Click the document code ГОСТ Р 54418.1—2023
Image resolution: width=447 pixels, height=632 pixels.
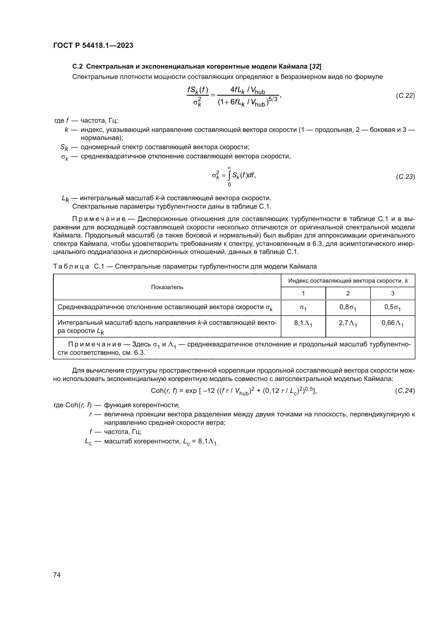click(x=93, y=45)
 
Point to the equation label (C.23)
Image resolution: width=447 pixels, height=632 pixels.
click(x=405, y=176)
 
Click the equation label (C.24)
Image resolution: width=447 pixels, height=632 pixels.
click(x=405, y=391)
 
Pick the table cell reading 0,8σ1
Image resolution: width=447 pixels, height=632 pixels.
click(x=348, y=307)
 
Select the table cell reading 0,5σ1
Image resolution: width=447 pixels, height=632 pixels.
click(x=392, y=307)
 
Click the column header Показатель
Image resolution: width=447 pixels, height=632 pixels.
click(x=167, y=287)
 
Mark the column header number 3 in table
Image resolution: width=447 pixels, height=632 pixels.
click(x=392, y=293)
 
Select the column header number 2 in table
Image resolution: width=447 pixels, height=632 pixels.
click(x=348, y=293)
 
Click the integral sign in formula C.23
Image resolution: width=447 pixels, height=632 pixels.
click(x=229, y=176)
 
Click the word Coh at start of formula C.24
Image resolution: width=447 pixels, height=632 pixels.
click(x=157, y=391)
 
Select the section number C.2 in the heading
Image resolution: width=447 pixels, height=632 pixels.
click(x=77, y=66)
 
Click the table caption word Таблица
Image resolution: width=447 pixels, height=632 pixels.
click(x=71, y=266)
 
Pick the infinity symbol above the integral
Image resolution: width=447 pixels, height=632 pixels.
click(x=229, y=168)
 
